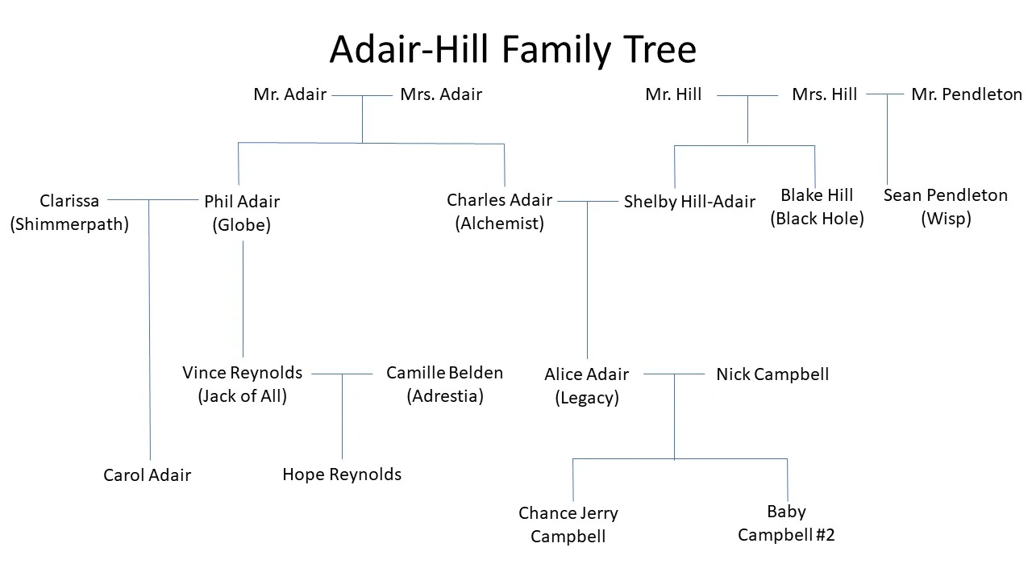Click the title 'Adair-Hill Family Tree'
[x=513, y=50]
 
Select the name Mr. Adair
[x=289, y=94]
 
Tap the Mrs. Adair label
[x=441, y=94]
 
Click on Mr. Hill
[x=673, y=94]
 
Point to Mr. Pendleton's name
[x=967, y=94]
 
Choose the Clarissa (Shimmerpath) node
[x=69, y=212]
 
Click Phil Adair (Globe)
[x=242, y=213]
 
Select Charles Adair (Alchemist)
[x=500, y=211]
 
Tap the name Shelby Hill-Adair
[x=689, y=202]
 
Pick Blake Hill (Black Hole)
[x=817, y=207]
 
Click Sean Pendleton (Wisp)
[x=946, y=207]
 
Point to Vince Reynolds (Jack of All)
[x=242, y=384]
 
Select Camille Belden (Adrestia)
[x=444, y=384]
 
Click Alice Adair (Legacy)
[x=586, y=386]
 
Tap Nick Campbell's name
[x=772, y=374]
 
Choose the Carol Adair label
[x=147, y=475]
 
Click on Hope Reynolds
[x=342, y=474]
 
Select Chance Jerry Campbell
[x=568, y=525]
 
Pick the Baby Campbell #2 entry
[x=786, y=523]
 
